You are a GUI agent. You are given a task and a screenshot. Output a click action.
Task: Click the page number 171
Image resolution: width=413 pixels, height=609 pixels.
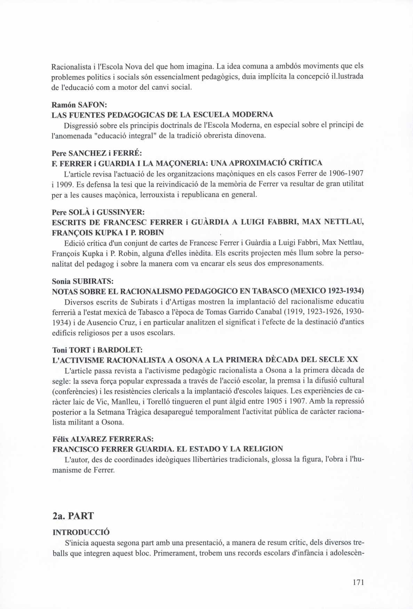[358, 582]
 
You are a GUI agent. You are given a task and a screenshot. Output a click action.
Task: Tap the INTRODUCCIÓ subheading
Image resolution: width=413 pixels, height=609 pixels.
[81, 532]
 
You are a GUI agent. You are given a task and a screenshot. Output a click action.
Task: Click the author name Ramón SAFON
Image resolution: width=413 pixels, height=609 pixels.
[76, 105]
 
